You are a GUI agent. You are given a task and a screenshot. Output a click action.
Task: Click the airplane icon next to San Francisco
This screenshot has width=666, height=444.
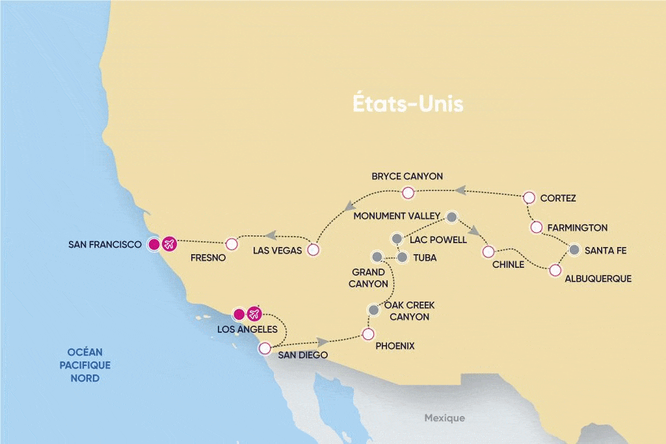(x=170, y=244)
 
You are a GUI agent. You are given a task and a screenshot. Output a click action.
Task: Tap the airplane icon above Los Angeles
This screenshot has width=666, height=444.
(x=254, y=314)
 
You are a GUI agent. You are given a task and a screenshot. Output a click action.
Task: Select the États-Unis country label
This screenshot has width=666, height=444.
(x=408, y=104)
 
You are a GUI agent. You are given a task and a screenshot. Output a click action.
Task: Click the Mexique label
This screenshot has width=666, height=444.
(x=444, y=418)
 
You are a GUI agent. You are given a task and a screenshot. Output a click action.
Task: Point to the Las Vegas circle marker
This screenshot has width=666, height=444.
(x=313, y=250)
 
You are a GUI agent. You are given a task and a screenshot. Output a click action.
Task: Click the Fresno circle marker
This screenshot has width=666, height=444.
(x=231, y=244)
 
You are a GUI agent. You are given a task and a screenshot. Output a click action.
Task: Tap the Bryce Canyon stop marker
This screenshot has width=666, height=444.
(x=407, y=192)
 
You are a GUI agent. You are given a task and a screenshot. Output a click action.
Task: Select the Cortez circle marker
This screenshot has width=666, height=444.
(x=529, y=198)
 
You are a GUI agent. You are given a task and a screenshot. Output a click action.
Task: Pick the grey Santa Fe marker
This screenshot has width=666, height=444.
(x=574, y=250)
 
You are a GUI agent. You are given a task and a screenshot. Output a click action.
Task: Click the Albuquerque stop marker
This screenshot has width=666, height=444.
(x=555, y=270)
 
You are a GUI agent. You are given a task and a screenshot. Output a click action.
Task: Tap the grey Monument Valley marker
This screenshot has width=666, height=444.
(x=451, y=216)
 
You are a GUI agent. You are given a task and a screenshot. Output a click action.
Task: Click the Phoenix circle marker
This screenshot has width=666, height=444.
(x=367, y=334)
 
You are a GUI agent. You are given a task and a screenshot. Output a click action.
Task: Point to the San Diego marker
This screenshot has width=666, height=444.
(x=265, y=348)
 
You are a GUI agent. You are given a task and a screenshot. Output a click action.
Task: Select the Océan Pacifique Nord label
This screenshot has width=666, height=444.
(x=85, y=365)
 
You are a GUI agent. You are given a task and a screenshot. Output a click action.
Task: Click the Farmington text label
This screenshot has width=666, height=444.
(x=578, y=228)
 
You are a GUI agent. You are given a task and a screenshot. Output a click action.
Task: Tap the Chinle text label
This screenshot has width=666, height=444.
(x=509, y=264)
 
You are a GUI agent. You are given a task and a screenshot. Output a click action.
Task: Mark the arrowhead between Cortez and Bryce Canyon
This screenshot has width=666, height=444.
(x=460, y=190)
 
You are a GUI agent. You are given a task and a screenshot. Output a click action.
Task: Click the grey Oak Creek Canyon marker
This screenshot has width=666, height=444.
(x=373, y=309)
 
